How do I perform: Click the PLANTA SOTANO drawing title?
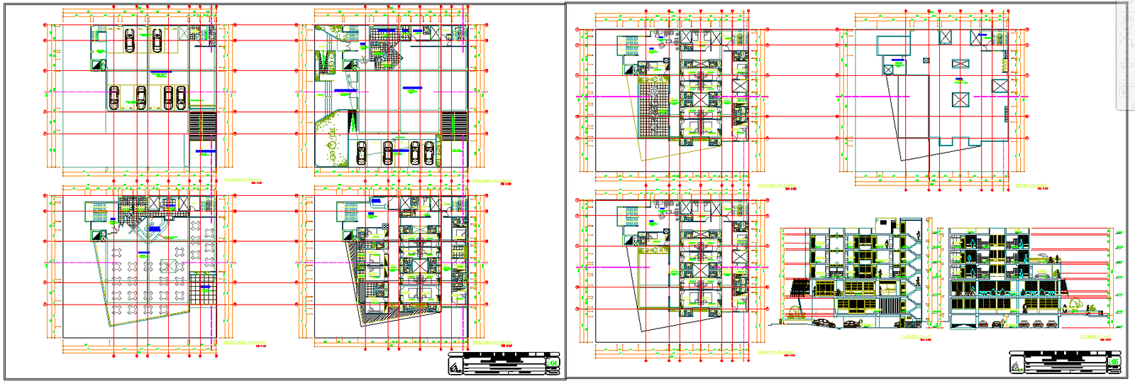point(243,180)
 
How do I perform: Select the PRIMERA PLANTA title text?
point(491,181)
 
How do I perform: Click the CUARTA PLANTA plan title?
point(777,186)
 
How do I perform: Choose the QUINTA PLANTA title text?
point(775,352)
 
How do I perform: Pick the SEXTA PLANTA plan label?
point(1031,186)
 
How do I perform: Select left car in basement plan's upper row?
point(130,40)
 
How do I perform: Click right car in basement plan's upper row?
point(157,40)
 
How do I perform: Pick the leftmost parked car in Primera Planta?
point(362,153)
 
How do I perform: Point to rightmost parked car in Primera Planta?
point(429,153)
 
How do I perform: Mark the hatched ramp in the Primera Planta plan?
point(454,125)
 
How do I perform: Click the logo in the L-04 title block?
point(455,365)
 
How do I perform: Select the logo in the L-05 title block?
point(1017,365)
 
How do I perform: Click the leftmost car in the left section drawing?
point(822,323)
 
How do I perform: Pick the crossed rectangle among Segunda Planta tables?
point(168,266)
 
